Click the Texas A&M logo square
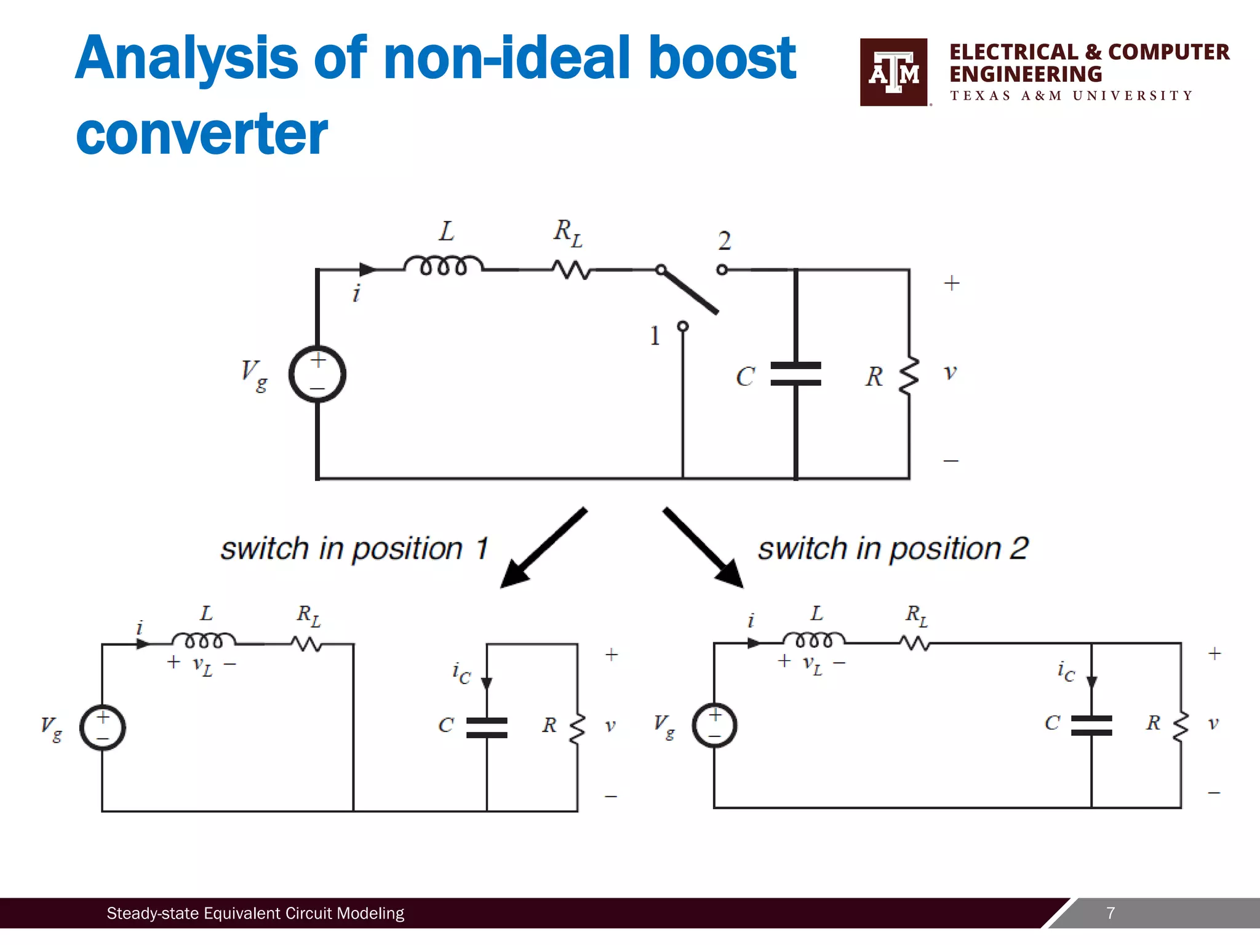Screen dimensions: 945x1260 (893, 72)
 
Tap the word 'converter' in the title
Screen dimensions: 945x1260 (202, 134)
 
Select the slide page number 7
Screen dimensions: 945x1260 (1110, 913)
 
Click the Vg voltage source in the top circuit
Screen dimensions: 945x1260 (317, 374)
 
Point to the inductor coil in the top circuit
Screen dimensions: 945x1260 (443, 265)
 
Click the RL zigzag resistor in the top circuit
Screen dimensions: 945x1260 (571, 269)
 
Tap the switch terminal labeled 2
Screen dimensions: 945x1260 (722, 269)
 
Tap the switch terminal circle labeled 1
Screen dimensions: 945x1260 (683, 326)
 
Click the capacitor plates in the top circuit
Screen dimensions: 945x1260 (795, 374)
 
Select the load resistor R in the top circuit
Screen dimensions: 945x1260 (909, 375)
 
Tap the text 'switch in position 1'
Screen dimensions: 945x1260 (354, 549)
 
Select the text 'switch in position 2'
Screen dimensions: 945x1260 (893, 549)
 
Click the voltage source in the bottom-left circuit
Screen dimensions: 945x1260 (103, 727)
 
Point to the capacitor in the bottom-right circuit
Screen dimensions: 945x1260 (1091, 725)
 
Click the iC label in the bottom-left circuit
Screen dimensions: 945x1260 (461, 673)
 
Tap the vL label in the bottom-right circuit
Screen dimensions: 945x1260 (812, 664)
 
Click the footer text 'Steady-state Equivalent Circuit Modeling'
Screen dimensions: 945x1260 (255, 913)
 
